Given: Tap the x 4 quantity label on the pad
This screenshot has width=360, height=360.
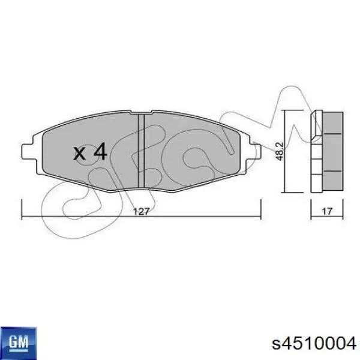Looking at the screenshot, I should [90, 152].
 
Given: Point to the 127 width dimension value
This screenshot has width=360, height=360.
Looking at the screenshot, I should [141, 211].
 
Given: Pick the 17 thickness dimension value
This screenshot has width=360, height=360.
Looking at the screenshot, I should [328, 211].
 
